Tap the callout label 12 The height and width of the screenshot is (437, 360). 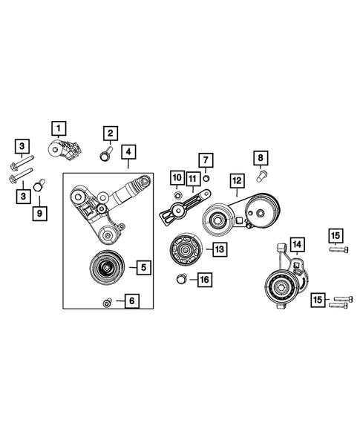(x=237, y=180)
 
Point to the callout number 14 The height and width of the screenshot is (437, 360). (x=296, y=243)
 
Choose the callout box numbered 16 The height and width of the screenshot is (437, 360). (x=203, y=280)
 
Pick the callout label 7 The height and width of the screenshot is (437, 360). (x=206, y=160)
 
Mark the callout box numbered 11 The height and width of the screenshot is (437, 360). (x=192, y=178)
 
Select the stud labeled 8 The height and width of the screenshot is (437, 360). (x=261, y=177)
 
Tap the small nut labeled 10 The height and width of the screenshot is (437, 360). (x=177, y=194)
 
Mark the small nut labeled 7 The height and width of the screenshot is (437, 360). (x=206, y=178)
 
